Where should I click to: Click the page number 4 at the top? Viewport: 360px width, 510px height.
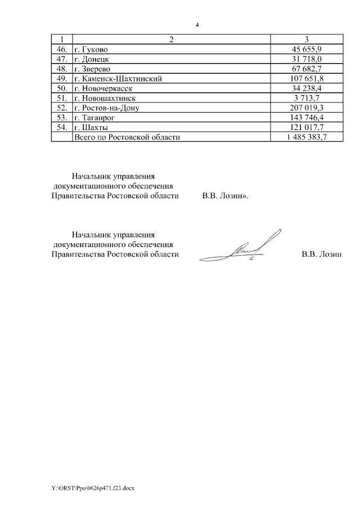coord(197,25)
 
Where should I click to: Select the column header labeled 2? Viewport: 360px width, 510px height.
coord(172,39)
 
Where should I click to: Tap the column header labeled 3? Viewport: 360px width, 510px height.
coord(306,39)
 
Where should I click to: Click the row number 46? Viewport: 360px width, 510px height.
coord(62,49)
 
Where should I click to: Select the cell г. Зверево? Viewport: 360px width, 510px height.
coord(93,69)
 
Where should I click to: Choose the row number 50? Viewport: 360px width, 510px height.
coord(62,88)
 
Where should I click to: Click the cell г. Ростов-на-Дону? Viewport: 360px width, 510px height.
coord(110,108)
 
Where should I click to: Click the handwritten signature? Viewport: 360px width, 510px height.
coord(247,248)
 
